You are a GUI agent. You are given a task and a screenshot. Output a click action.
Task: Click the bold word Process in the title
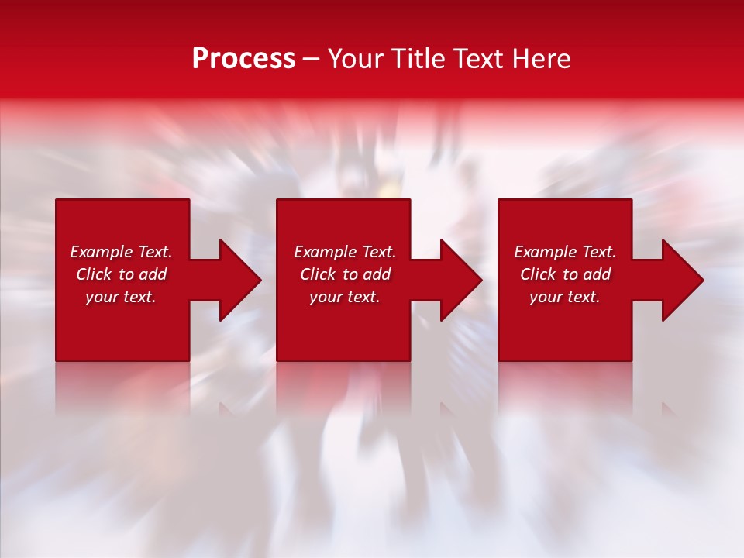click(243, 59)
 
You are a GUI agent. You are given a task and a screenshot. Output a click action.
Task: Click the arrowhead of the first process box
click(239, 280)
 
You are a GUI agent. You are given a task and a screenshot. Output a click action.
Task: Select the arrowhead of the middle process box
click(460, 280)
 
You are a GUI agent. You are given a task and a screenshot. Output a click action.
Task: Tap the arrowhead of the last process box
click(682, 280)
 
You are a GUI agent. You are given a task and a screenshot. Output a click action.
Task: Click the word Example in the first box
click(101, 252)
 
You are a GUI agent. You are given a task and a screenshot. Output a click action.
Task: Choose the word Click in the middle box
click(318, 274)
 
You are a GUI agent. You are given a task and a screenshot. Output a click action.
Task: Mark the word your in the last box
click(546, 297)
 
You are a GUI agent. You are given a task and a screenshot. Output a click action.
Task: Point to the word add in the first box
click(153, 274)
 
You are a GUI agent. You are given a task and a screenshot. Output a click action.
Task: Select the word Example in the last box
click(545, 252)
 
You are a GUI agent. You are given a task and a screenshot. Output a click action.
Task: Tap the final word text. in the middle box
click(363, 297)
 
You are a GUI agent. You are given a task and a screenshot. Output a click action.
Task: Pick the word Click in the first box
click(94, 274)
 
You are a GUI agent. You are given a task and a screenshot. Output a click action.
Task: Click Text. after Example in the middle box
click(377, 252)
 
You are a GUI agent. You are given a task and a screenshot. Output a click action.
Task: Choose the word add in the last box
click(597, 274)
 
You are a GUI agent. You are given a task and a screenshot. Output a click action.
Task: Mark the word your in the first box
click(102, 297)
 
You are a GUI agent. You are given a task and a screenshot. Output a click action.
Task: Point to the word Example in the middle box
click(325, 252)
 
